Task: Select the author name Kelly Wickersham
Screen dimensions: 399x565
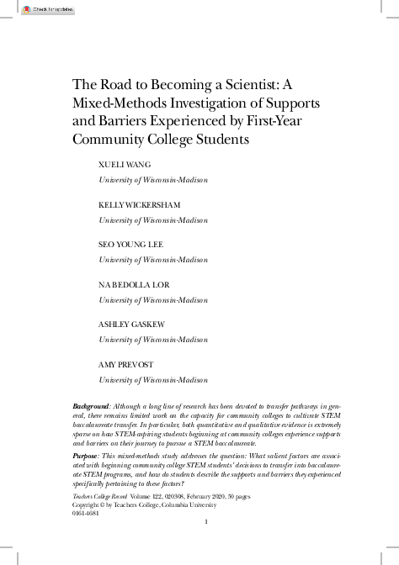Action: (x=140, y=204)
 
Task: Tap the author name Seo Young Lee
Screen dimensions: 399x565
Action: (x=131, y=245)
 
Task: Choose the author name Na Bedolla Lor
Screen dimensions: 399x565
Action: (x=135, y=285)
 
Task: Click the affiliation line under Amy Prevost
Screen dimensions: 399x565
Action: (x=153, y=379)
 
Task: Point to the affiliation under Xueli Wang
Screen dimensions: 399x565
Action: (x=153, y=179)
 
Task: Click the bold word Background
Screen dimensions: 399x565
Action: (x=92, y=406)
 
